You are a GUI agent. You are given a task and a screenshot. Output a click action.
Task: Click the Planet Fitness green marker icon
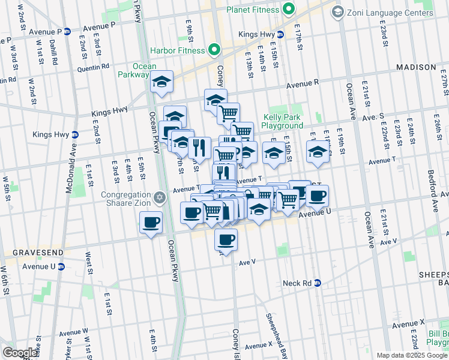pos(289,9)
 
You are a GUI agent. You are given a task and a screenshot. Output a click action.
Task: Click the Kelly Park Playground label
pos(283,122)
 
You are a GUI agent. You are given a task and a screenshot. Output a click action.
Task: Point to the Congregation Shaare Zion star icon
pos(159,197)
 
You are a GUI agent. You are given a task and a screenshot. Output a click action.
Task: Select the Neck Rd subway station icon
pos(318,283)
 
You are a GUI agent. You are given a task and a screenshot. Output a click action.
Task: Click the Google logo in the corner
pos(20,352)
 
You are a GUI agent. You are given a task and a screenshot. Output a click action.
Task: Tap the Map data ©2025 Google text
pos(412,355)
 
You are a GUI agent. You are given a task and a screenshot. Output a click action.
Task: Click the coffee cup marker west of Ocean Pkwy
pos(151,223)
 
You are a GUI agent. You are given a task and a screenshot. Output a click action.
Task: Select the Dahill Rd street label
pos(53,51)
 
